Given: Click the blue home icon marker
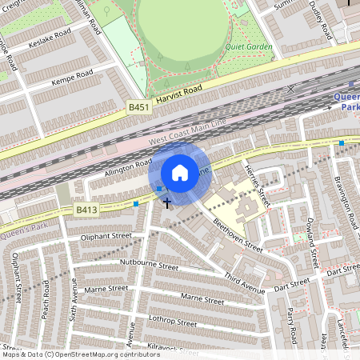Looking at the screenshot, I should (180, 173).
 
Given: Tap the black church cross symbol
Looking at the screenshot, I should (167, 203).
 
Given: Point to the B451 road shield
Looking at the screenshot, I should (138, 105).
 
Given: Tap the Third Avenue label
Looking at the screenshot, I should (244, 282).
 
